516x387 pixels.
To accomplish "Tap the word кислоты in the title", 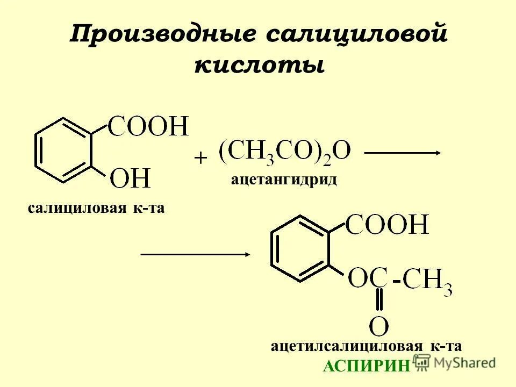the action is (x=259, y=66).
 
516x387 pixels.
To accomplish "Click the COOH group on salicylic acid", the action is (x=148, y=127).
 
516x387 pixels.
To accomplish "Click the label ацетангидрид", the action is (x=284, y=179).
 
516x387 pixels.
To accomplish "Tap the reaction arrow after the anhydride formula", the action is (x=402, y=153).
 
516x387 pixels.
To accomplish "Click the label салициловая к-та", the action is (x=96, y=208).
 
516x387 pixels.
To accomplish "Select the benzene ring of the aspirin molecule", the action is (x=299, y=248).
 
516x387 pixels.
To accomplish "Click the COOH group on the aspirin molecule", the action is (x=387, y=225).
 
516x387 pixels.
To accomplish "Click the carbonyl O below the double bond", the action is (x=379, y=326).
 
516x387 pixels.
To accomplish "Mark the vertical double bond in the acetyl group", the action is (x=379, y=300).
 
